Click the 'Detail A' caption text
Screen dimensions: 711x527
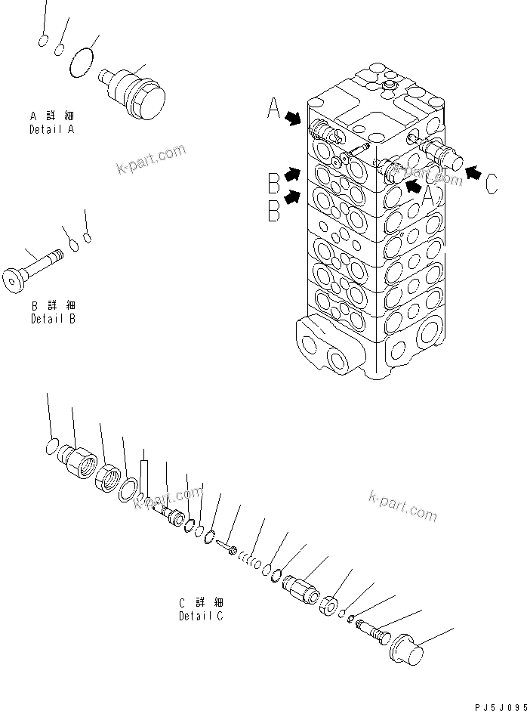tap(51, 129)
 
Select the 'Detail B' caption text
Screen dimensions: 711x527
tap(53, 318)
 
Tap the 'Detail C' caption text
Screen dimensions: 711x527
tap(201, 616)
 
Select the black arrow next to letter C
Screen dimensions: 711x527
tap(473, 174)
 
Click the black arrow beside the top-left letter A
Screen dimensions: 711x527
tap(293, 117)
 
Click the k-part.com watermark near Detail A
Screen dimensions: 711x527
tap(151, 159)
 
